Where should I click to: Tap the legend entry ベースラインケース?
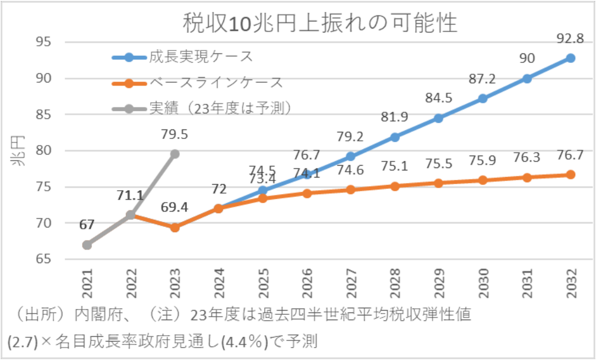215,83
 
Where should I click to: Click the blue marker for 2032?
570,58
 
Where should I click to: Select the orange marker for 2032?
570,175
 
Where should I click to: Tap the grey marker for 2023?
175,154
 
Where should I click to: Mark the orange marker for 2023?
175,228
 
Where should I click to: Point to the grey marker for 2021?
87,245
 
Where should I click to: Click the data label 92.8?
570,39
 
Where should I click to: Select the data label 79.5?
175,135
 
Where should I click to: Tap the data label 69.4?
175,208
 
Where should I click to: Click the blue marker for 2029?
439,118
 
